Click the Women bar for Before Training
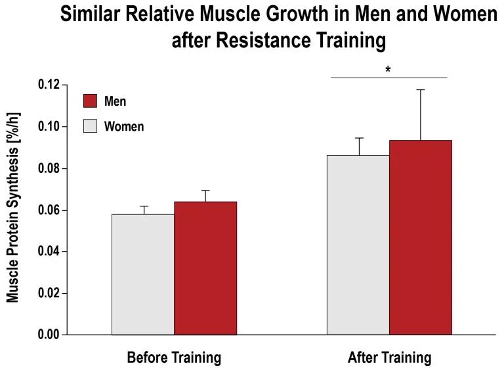pos(142,274)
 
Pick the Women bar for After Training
pos(358,244)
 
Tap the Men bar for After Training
pos(421,237)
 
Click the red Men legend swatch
pos(90,101)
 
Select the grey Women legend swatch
pos(90,126)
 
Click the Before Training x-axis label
pos(174,358)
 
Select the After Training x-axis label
pos(389,358)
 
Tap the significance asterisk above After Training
pos(388,69)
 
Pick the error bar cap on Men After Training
pos(421,89)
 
